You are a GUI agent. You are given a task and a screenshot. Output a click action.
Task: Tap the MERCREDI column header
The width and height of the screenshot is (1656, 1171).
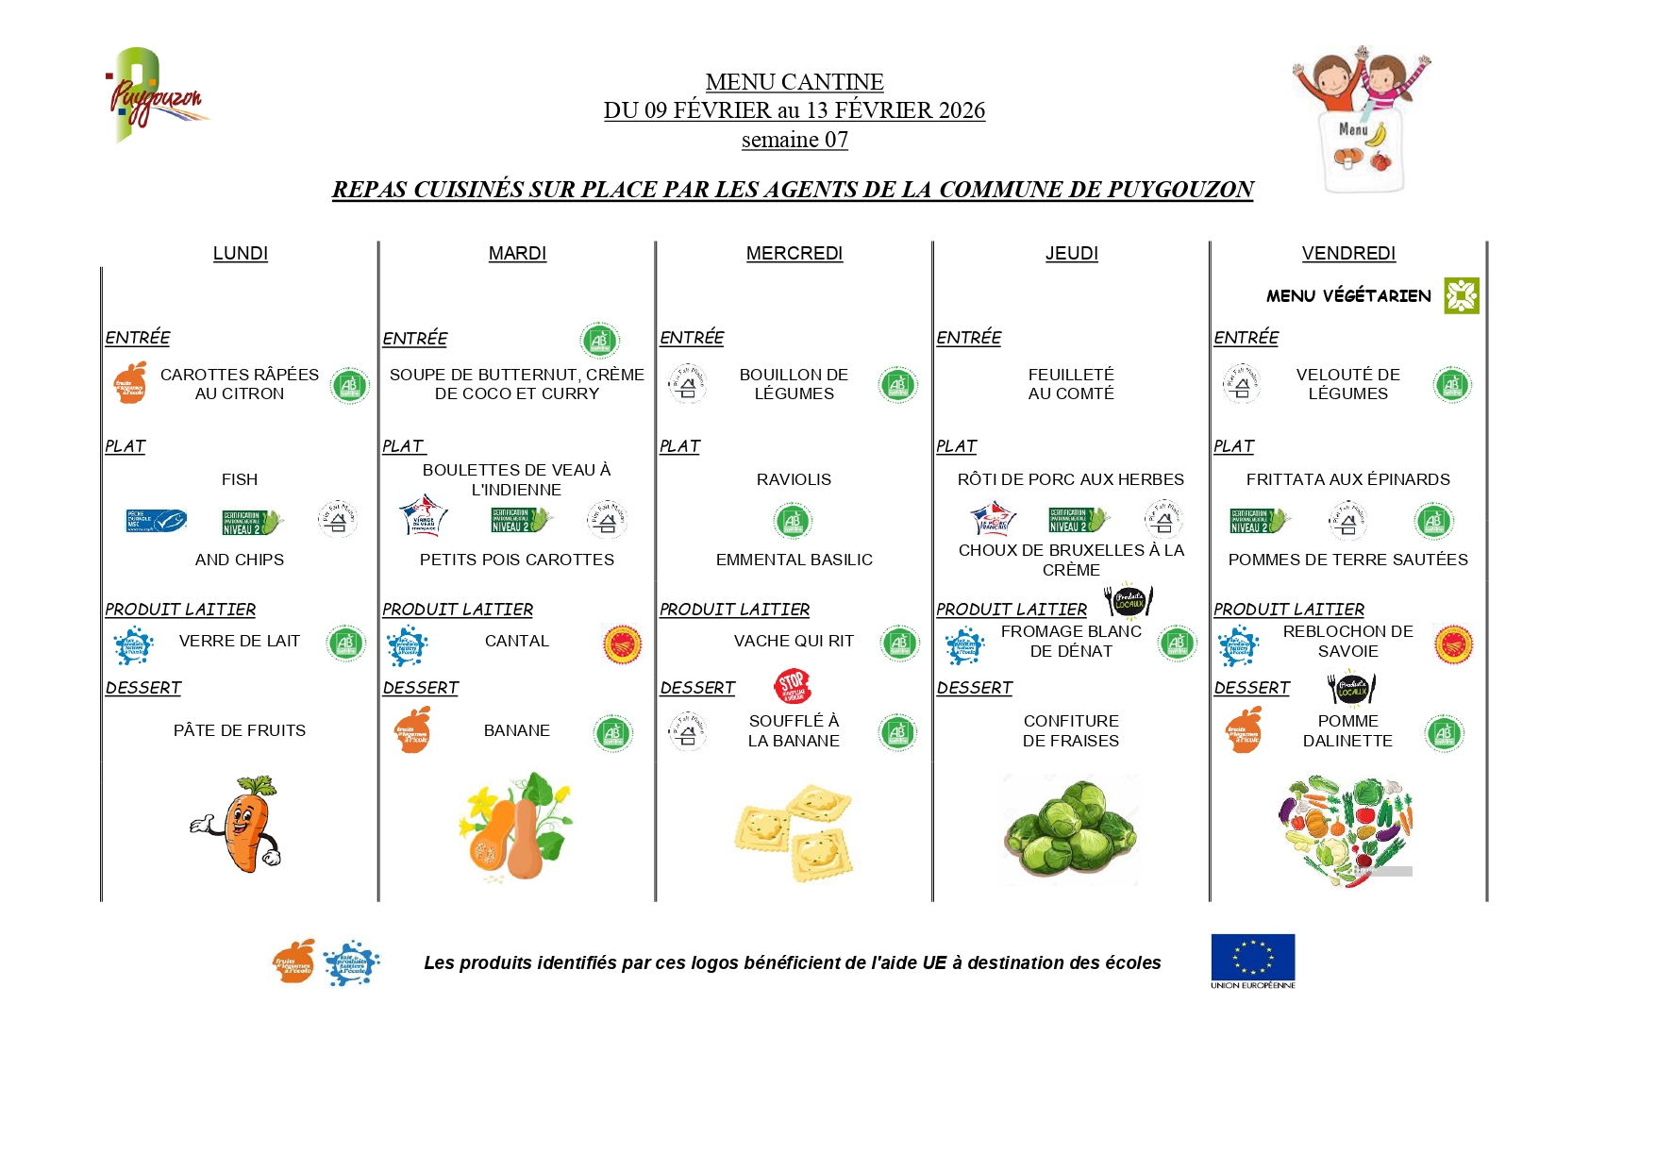[794, 253]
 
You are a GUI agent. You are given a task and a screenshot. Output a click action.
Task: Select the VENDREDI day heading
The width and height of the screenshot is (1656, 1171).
[1347, 253]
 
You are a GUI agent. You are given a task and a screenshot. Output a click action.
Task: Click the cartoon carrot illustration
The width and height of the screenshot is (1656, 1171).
[239, 824]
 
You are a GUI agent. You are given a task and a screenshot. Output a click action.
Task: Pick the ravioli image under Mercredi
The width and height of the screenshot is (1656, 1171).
[794, 831]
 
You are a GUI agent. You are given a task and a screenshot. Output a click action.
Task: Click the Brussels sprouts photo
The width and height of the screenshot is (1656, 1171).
[1071, 829]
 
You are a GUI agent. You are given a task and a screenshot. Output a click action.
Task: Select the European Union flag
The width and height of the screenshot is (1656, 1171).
[1252, 957]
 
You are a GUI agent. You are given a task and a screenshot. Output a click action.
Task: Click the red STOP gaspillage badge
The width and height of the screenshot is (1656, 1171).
[792, 686]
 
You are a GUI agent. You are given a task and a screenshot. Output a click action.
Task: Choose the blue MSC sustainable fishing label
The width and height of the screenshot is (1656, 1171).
[157, 520]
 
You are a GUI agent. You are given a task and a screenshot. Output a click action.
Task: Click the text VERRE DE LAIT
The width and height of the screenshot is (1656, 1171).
[240, 641]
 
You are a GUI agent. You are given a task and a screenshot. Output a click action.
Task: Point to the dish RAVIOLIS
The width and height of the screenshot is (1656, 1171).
[794, 479]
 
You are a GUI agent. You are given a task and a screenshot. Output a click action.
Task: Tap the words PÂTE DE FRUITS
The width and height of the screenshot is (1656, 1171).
[240, 730]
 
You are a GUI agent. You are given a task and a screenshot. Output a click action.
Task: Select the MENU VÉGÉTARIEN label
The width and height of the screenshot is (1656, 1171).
[1347, 295]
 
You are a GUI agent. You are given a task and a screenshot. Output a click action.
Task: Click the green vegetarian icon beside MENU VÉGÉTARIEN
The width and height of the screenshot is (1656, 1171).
[1461, 295]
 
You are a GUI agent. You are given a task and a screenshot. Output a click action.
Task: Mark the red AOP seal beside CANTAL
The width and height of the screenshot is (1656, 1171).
[622, 644]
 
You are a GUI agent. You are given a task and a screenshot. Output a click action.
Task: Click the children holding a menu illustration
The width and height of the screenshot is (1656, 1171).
[1361, 118]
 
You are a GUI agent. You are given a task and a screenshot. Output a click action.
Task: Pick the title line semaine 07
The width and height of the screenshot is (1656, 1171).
[795, 140]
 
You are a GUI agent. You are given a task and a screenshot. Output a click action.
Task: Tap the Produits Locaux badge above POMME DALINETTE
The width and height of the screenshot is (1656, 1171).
[1351, 688]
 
